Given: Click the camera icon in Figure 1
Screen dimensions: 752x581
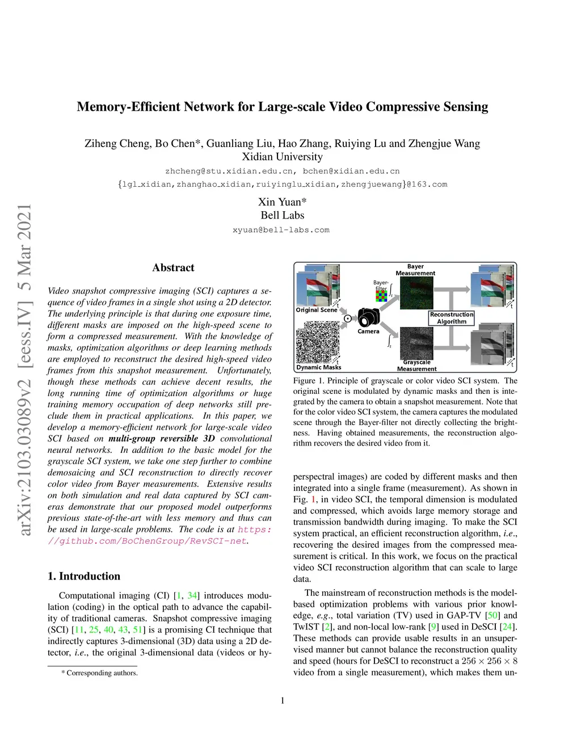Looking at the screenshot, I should tap(369, 317).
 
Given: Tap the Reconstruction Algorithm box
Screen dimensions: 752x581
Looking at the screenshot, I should tap(452, 318).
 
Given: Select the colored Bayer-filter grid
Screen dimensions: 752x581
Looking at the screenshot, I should tap(382, 296).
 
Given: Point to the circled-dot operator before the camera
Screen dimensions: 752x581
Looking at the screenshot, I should tap(348, 318).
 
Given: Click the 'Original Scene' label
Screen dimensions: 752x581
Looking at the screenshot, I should tap(317, 310).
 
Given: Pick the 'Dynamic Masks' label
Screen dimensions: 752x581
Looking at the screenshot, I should tap(319, 367).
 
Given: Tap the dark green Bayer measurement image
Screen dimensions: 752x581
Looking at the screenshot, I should tap(416, 293).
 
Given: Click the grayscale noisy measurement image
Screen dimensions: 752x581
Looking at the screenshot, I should tap(416, 343).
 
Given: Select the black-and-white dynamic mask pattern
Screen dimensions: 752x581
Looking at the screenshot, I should tap(318, 342).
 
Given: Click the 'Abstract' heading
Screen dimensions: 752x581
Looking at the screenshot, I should tap(173, 268).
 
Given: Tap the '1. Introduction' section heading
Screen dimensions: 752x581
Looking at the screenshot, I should tap(84, 576).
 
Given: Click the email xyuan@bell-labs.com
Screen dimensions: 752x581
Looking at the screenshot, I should tap(281, 230).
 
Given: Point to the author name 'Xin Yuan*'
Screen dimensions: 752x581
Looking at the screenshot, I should tap(282, 202).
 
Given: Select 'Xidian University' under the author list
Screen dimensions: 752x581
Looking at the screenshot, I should tap(282, 157).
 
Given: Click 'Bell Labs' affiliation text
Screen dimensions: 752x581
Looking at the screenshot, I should tap(282, 215).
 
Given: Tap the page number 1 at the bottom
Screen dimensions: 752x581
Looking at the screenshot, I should tap(283, 700).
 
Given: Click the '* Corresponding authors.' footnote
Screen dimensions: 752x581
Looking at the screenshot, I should tap(100, 673).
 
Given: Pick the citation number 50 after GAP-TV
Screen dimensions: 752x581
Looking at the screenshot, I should tap(492, 615).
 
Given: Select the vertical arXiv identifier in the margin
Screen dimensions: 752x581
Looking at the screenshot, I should tap(24, 369).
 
